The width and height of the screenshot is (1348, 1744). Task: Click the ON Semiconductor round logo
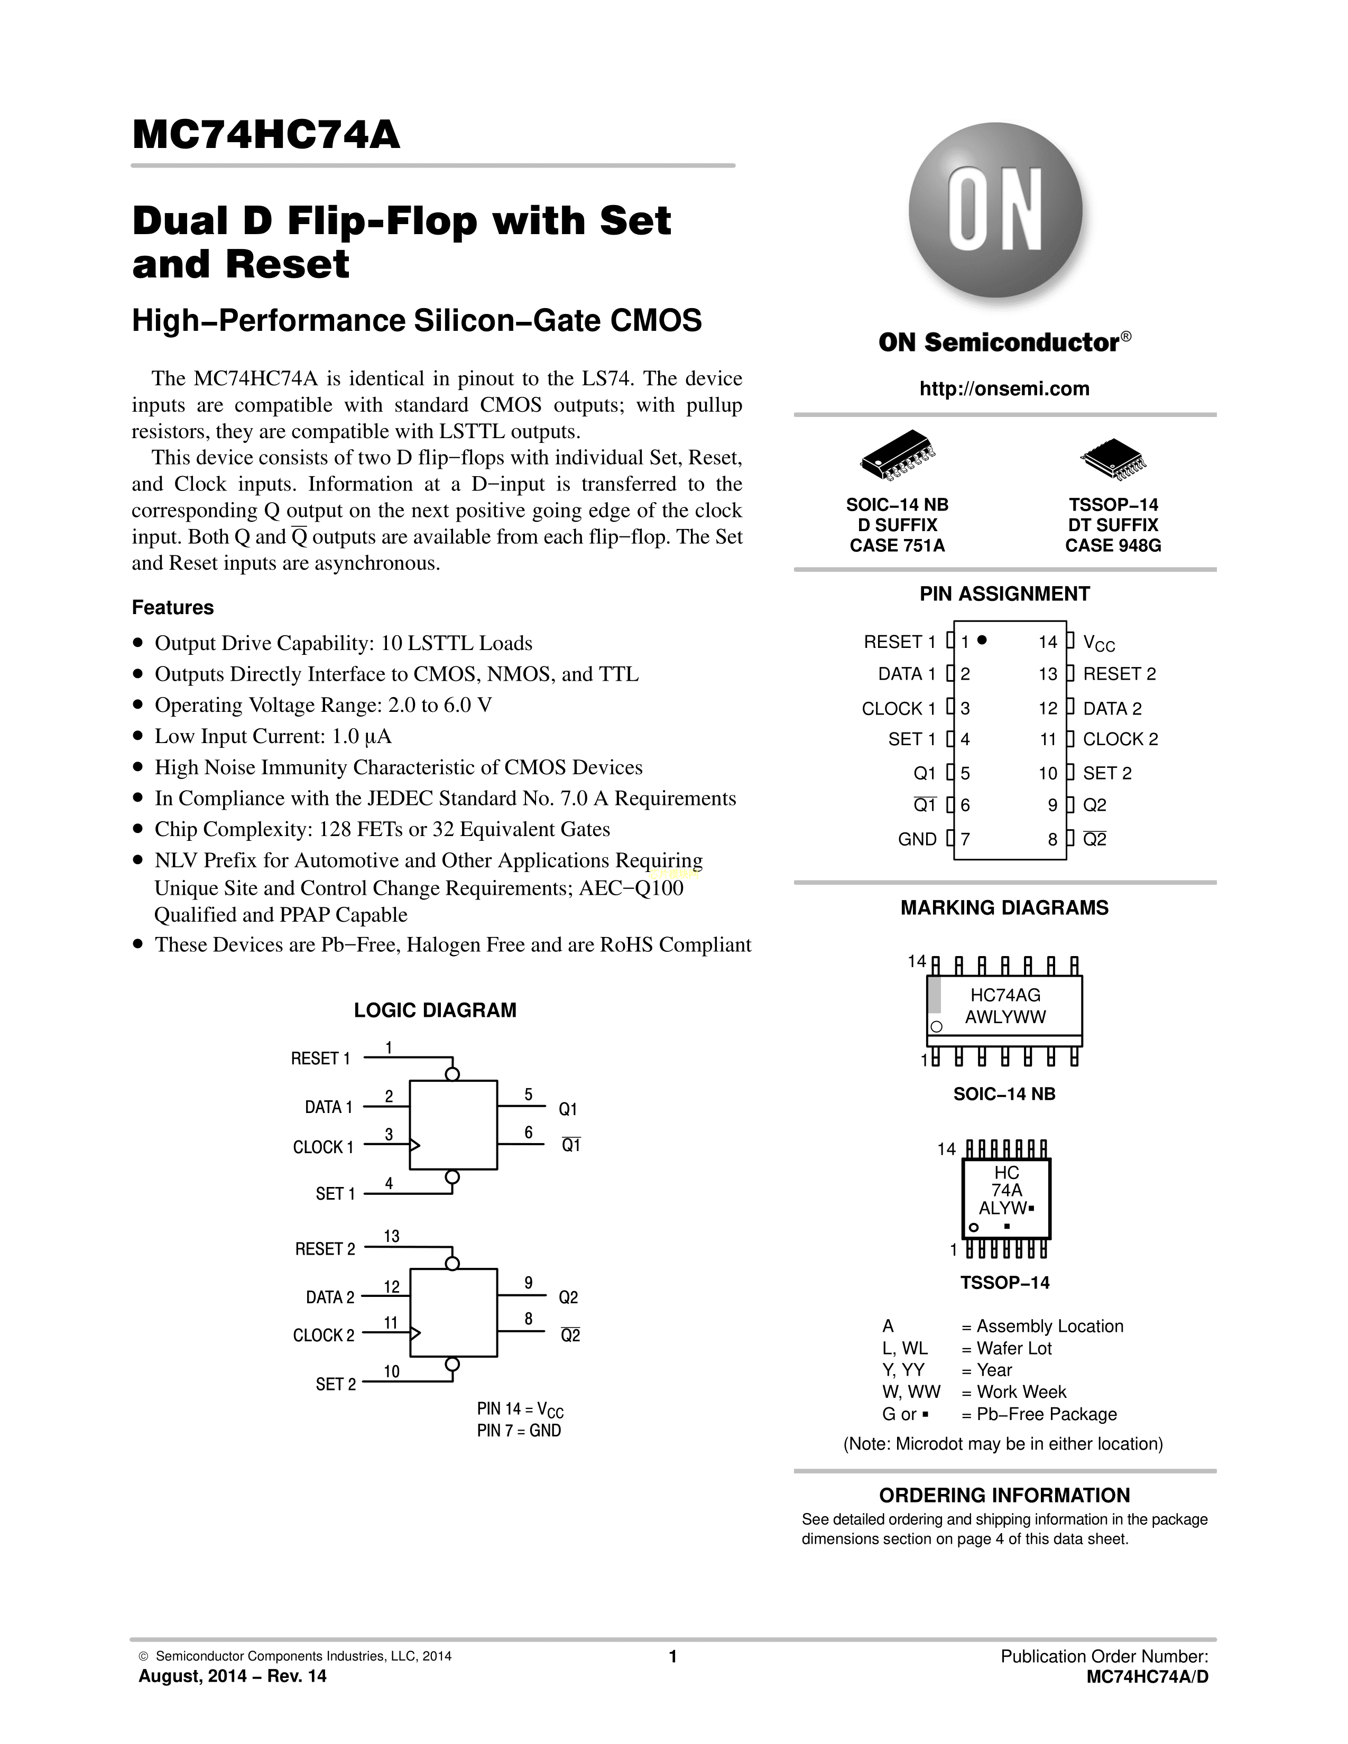coord(995,209)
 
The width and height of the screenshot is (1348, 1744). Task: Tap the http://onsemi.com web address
coord(1004,389)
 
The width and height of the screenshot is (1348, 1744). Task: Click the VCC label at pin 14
coord(1098,643)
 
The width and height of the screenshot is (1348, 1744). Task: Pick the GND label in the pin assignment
coord(917,839)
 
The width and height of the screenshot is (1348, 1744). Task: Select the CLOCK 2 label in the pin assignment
coord(1120,739)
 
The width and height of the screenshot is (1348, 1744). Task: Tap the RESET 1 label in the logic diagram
coord(320,1059)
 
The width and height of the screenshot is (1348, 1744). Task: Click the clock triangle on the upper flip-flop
coord(414,1146)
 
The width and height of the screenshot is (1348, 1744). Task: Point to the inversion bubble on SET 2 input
coord(452,1364)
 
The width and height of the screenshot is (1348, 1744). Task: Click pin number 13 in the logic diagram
coord(391,1236)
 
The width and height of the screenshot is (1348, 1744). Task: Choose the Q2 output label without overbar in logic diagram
coord(568,1297)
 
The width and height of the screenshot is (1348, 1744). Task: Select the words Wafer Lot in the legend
coord(1013,1349)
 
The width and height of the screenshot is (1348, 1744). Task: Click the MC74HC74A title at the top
coord(266,135)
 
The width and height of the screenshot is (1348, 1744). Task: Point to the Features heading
coord(172,608)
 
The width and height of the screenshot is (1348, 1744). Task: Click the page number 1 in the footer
coord(672,1657)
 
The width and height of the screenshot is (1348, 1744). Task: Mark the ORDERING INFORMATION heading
coord(1004,1496)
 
